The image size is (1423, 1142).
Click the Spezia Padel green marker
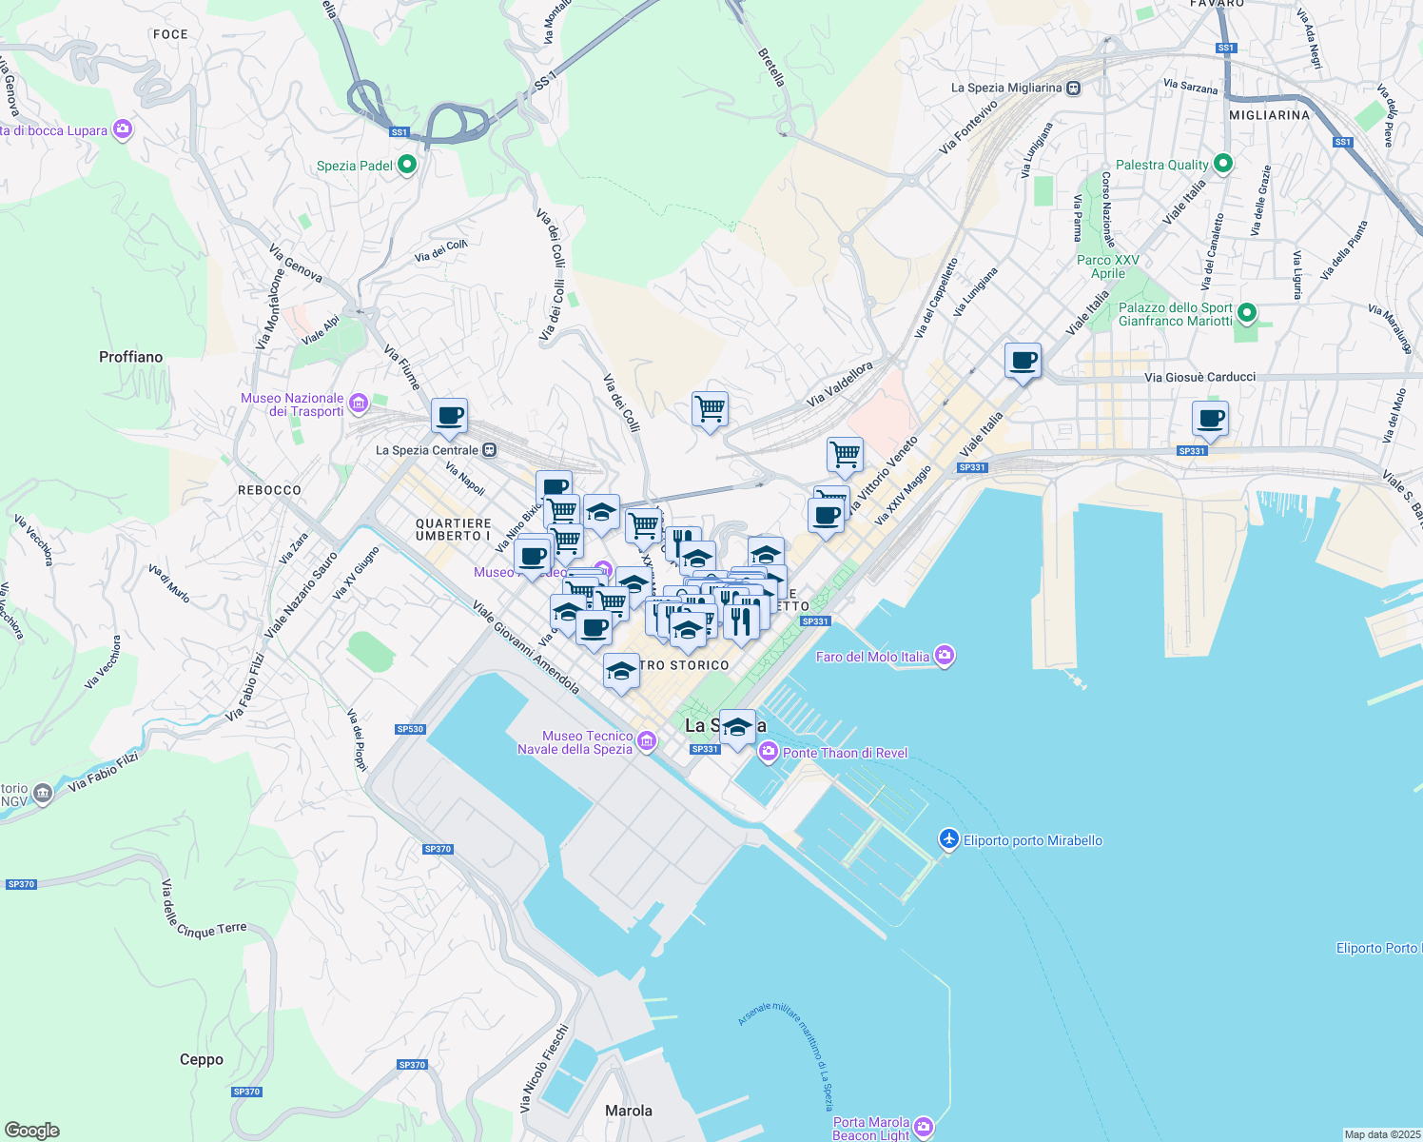coord(407,165)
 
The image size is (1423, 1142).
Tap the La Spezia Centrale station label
coord(427,450)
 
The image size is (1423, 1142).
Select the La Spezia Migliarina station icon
coord(1073,88)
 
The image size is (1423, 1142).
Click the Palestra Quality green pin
coord(1223,164)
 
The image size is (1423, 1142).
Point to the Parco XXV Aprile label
coord(1107,266)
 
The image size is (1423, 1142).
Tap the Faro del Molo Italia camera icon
coord(944,655)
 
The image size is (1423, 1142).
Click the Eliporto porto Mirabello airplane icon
coord(948,839)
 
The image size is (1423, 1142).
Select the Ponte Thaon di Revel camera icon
coord(768,753)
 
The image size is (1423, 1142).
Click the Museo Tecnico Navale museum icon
coord(647,740)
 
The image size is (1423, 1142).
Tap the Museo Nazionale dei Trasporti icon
coord(359,404)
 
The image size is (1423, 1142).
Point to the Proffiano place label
coord(130,357)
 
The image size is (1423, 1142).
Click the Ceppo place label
coord(202,1059)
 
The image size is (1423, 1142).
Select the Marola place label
coord(629,1111)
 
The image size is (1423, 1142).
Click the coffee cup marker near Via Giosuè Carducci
coord(1023,362)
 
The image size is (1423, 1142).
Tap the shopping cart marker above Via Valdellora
coord(710,410)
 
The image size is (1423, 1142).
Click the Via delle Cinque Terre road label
coord(204,911)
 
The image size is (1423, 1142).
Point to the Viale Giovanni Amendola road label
coord(526,646)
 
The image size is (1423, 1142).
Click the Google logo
coord(31,1130)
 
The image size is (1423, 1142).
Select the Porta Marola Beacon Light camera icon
coord(923,1128)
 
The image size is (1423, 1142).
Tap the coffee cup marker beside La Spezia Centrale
coord(449,417)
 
